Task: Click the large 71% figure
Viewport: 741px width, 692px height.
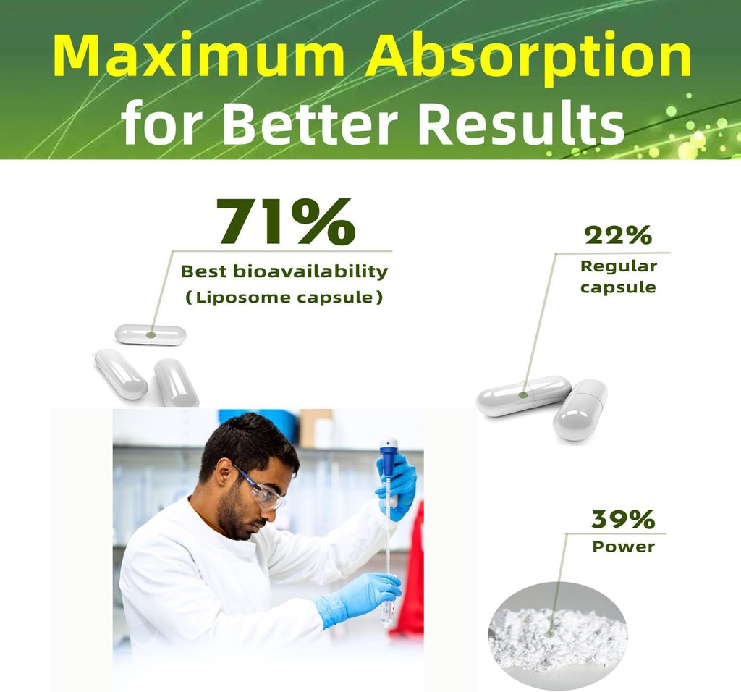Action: (x=285, y=221)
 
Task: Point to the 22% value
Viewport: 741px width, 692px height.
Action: (x=618, y=235)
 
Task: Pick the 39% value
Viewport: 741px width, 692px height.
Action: (x=623, y=519)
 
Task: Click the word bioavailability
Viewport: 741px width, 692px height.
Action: (x=310, y=271)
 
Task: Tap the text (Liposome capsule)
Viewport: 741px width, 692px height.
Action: (x=283, y=298)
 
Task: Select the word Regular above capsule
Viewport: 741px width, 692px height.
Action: (x=619, y=266)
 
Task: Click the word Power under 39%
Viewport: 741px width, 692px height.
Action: (x=623, y=547)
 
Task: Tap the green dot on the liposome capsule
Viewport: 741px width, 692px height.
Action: (x=151, y=335)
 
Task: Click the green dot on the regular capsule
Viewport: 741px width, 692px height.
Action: (x=522, y=395)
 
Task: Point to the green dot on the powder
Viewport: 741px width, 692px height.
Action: (x=549, y=633)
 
